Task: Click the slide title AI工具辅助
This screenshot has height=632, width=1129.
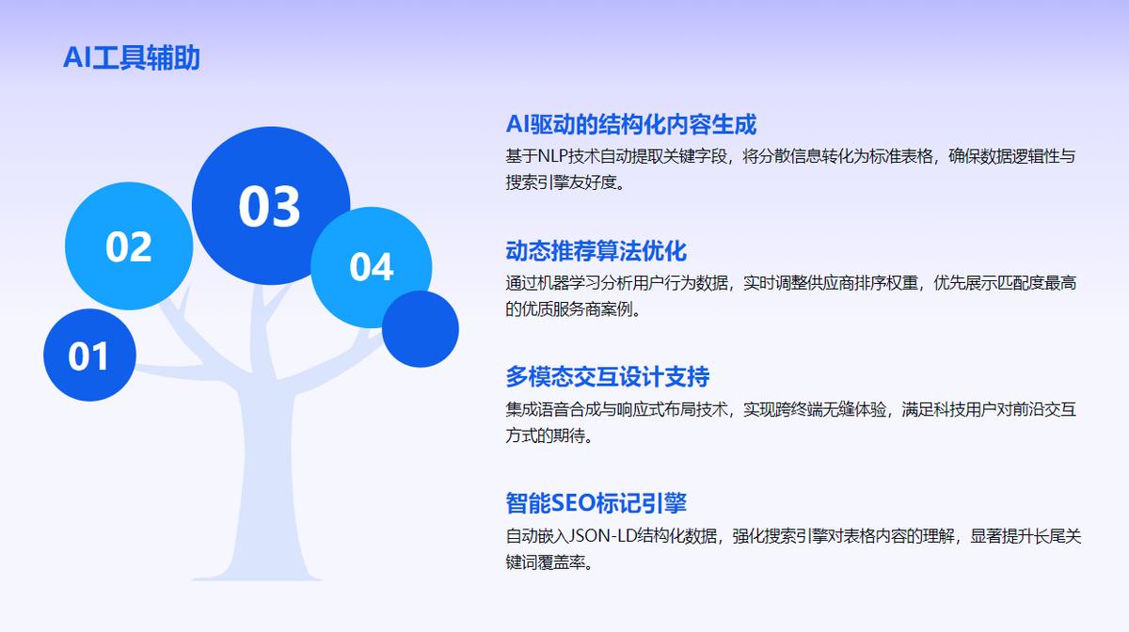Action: pyautogui.click(x=132, y=57)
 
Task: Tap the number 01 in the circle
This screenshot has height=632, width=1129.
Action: pyautogui.click(x=88, y=356)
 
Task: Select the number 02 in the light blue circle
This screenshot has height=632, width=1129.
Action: pyautogui.click(x=129, y=247)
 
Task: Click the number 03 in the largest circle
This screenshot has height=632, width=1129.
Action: pyautogui.click(x=270, y=206)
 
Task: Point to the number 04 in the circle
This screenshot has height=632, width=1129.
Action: pyautogui.click(x=372, y=266)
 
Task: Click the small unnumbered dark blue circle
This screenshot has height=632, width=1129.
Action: pyautogui.click(x=421, y=329)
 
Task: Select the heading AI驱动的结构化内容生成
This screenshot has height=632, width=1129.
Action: pyautogui.click(x=631, y=124)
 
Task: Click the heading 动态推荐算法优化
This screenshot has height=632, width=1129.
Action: pyautogui.click(x=596, y=251)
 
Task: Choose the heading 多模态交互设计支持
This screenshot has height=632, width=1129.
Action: pyautogui.click(x=608, y=377)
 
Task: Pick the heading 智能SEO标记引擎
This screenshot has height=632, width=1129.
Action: pyautogui.click(x=596, y=503)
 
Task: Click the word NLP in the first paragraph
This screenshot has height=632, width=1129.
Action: pyautogui.click(x=553, y=156)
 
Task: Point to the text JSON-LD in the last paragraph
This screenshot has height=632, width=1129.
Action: pyautogui.click(x=602, y=536)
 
